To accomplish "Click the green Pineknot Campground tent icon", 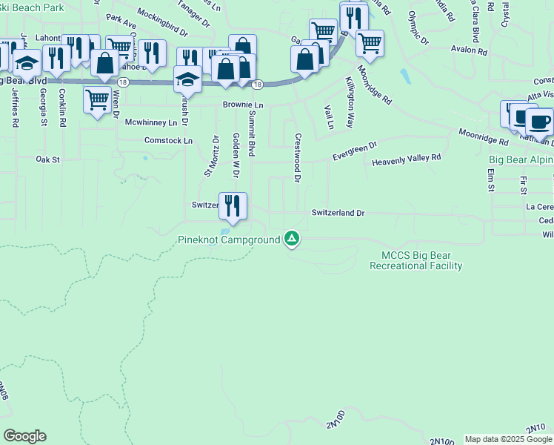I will [293, 239].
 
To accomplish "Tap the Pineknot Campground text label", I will [229, 240].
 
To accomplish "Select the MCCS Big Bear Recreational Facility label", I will [415, 260].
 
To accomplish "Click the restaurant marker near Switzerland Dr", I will [233, 205].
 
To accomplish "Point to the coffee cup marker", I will [539, 121].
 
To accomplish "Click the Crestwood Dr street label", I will [297, 157].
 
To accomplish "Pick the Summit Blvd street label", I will [252, 130].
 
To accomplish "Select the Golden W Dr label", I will [236, 155].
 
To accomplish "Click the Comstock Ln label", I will [168, 140].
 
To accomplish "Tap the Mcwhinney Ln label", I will [151, 122].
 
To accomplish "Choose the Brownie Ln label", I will [243, 105].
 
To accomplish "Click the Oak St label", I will [47, 159].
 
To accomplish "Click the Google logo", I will [24, 435].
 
